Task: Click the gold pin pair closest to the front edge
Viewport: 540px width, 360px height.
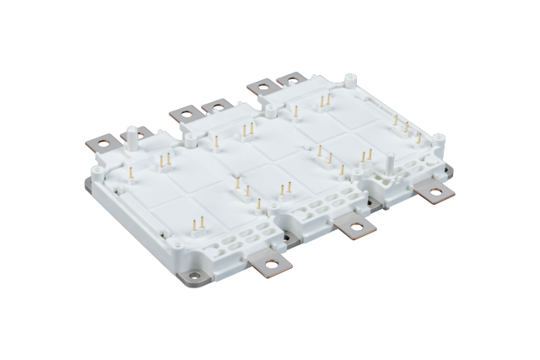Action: point(199,225)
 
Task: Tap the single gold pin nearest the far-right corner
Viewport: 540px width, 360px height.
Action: point(418,137)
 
